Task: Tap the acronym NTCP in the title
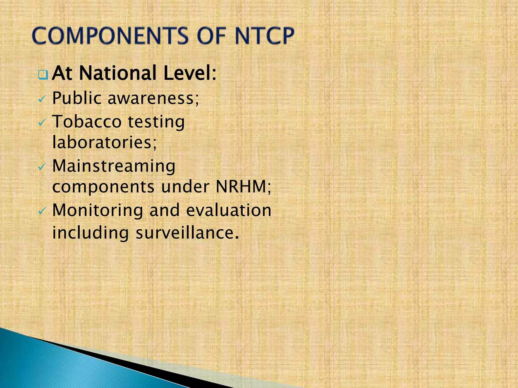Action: click(264, 36)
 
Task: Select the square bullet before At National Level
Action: click(43, 75)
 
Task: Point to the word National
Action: click(118, 73)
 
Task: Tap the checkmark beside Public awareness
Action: click(42, 99)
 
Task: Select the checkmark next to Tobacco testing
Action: click(42, 123)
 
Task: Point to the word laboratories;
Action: click(104, 142)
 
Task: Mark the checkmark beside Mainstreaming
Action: click(42, 167)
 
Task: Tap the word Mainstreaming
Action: click(114, 166)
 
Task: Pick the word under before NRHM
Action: click(185, 187)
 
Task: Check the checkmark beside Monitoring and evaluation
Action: click(42, 211)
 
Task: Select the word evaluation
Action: click(229, 210)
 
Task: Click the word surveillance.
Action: click(187, 233)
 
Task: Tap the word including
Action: click(91, 233)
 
